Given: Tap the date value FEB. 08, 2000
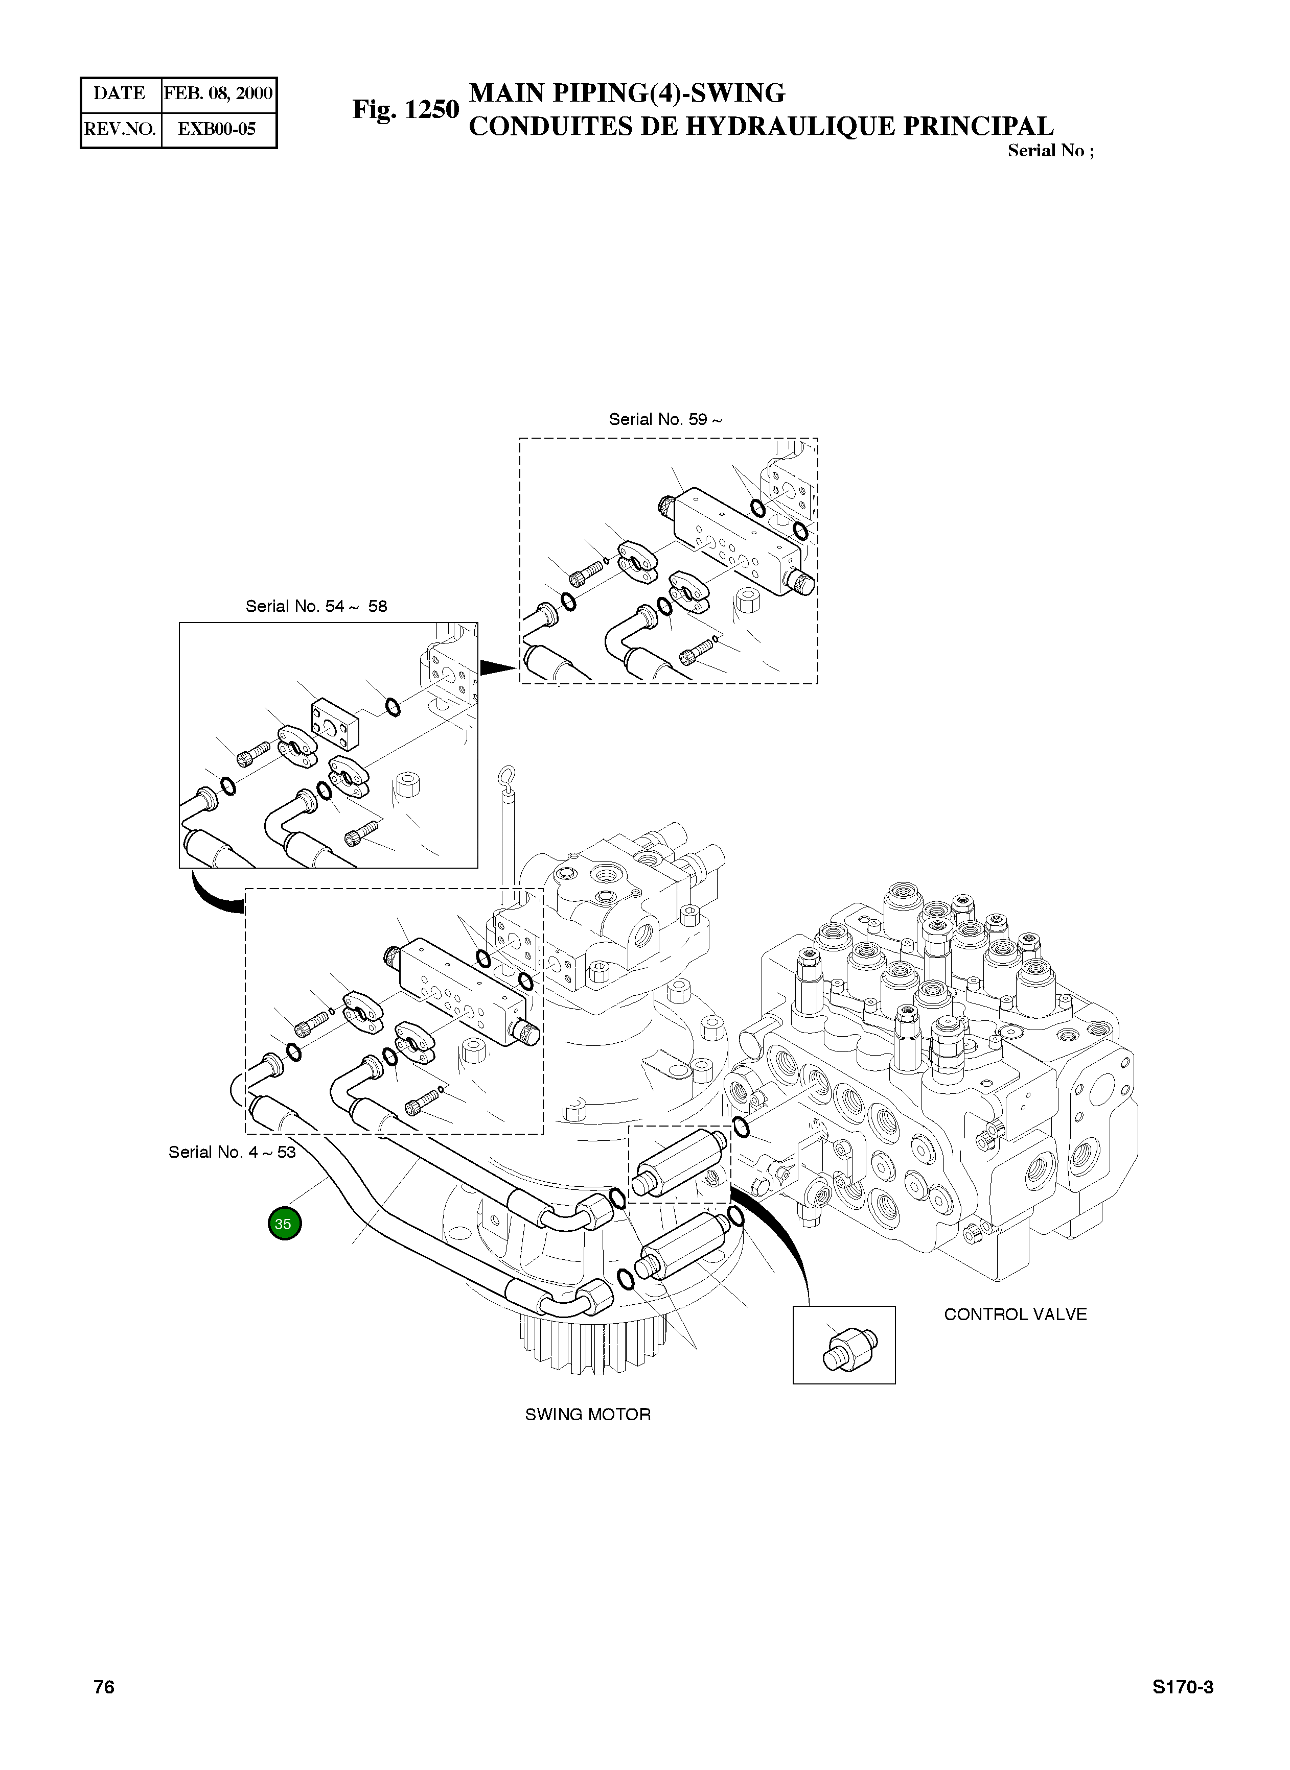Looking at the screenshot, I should pos(218,93).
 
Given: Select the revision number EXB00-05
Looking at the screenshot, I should pos(217,129).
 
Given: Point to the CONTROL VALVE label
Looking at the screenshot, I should pos(1015,1314).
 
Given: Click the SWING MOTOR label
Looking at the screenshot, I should pos(587,1414).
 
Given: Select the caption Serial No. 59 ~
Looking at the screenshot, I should pos(665,420).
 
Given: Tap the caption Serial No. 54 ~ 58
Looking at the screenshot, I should pos(316,606).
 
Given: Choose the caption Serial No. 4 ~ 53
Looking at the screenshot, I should pos(232,1153).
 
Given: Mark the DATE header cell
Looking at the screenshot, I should pos(120,93).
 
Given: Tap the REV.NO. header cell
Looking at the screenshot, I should pos(120,129).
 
